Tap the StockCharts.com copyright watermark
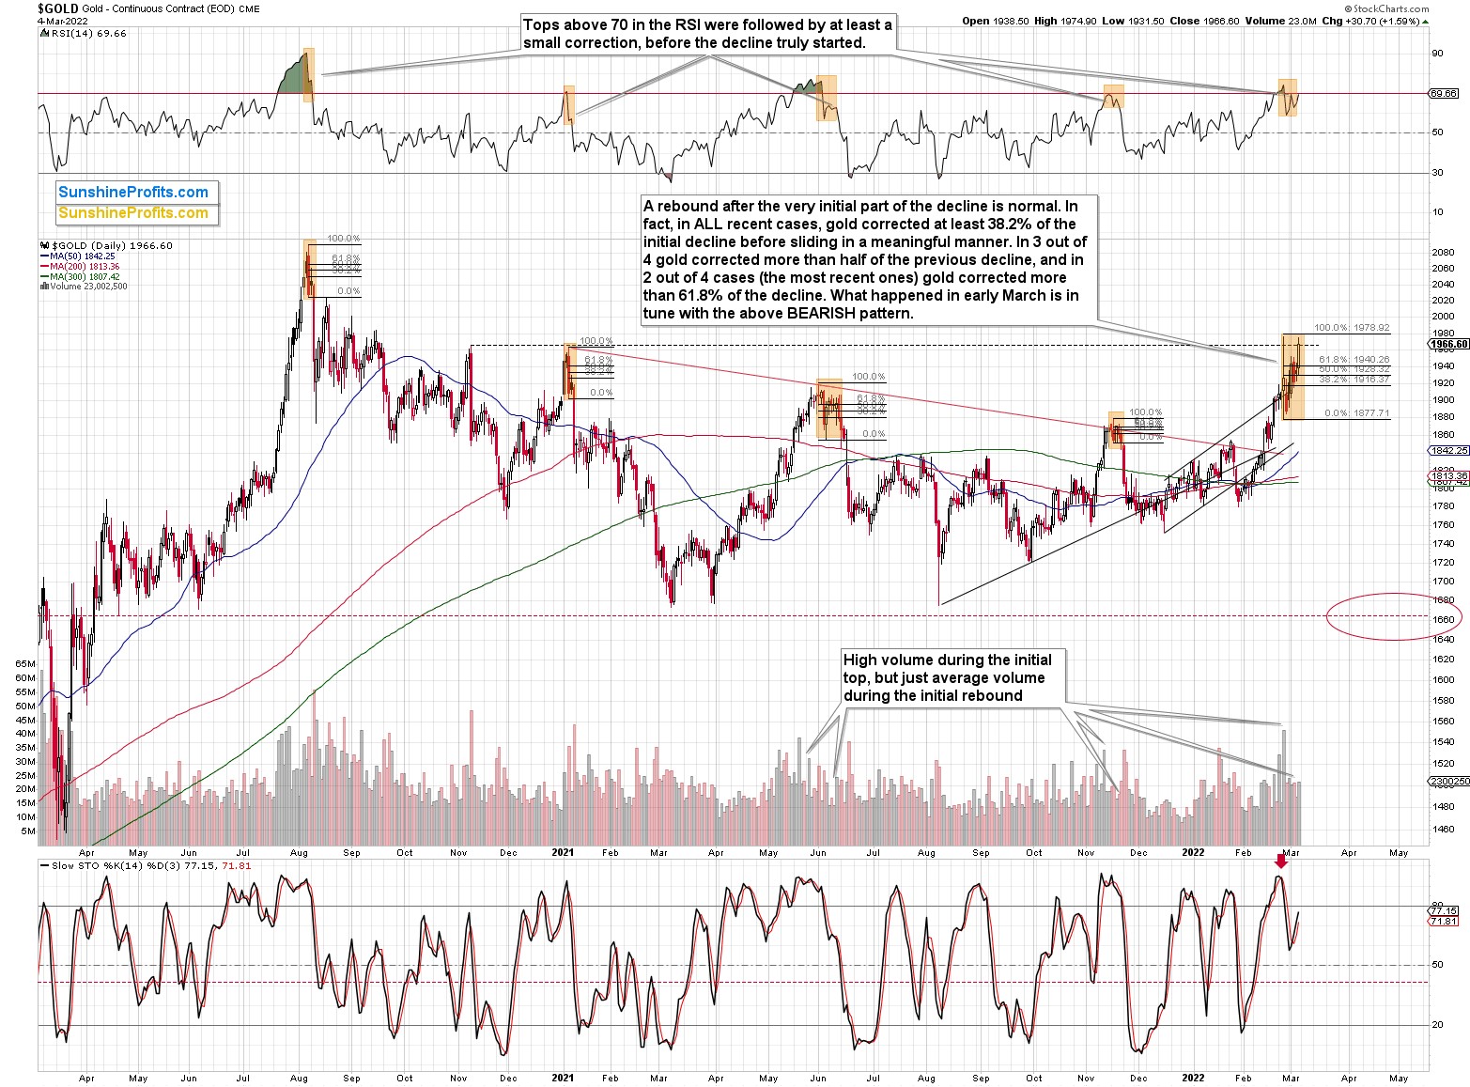[x=1388, y=8]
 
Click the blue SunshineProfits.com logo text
[x=133, y=193]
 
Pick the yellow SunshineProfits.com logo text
[x=133, y=213]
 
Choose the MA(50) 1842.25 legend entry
[x=79, y=256]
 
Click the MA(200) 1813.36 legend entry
[x=81, y=267]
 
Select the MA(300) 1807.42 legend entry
[x=81, y=276]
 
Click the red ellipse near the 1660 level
[x=1395, y=616]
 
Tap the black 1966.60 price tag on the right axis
[x=1449, y=344]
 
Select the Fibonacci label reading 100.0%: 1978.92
[x=1352, y=328]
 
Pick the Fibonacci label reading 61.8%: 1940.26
[x=1354, y=359]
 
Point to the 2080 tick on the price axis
[x=1444, y=253]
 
